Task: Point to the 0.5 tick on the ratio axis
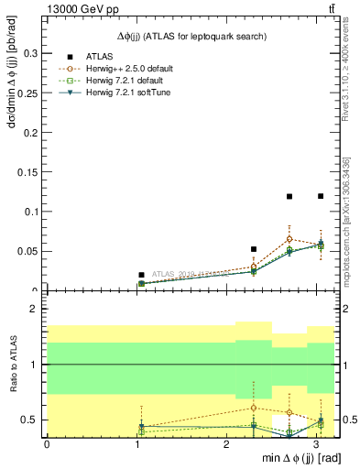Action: pos(30,420)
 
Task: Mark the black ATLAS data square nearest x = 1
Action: pos(141,275)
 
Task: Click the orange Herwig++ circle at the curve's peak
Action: pos(289,238)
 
